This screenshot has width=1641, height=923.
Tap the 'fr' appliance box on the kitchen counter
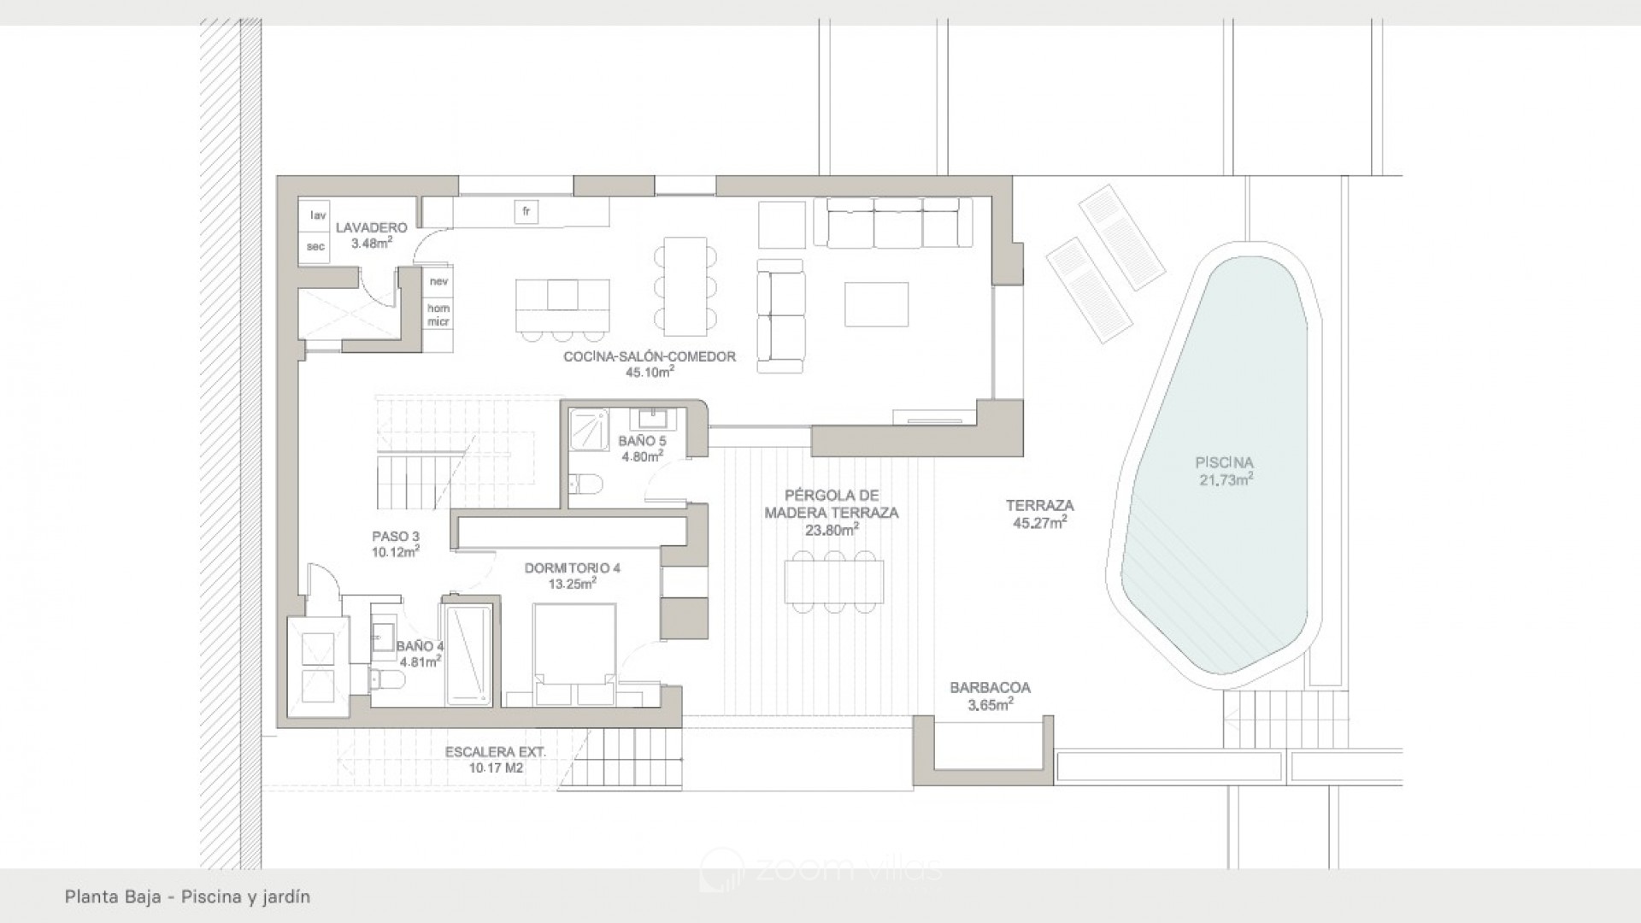526,212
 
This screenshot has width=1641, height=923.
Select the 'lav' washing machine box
318,215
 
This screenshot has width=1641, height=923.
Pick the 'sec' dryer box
315,247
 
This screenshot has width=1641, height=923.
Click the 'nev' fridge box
439,281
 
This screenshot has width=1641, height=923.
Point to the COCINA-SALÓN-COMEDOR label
650,356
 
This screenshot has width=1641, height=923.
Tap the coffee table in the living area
876,304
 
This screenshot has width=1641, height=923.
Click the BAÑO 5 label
642,441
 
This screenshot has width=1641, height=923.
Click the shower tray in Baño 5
590,426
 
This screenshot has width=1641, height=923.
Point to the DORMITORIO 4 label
573,567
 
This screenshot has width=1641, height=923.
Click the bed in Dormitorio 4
574,654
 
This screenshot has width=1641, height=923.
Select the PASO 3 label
395,537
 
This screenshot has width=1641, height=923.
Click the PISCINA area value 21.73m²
1226,480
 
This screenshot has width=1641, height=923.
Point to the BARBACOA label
990,688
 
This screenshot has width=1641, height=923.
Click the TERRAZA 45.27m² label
1039,514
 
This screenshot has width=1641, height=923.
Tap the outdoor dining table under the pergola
833,581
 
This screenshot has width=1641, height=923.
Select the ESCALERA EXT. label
496,752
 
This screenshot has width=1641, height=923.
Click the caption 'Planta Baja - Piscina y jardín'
187,897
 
